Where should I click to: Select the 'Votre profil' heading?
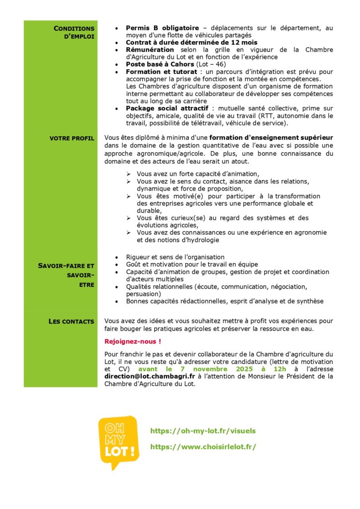tap(72, 138)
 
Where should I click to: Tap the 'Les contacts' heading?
tap(71, 322)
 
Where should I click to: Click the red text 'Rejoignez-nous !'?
tap(133, 341)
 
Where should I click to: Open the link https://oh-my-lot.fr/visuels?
tap(203, 431)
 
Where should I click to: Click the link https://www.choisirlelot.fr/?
tap(203, 447)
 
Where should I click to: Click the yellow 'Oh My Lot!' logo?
tap(118, 441)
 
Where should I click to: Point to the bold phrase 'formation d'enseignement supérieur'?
tap(271, 137)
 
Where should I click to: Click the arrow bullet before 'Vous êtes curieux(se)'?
tap(128, 218)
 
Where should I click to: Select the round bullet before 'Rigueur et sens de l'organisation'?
tap(116, 257)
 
